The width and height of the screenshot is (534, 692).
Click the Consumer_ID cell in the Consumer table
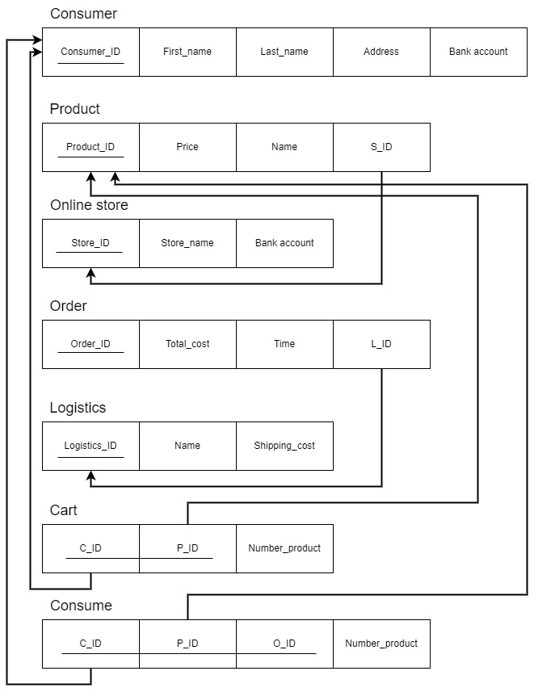(x=90, y=52)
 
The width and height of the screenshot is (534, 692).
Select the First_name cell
(x=187, y=52)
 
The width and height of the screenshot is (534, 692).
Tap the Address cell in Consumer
(x=381, y=52)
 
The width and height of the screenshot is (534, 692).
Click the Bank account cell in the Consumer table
(x=478, y=52)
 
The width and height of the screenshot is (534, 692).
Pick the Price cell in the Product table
(x=187, y=147)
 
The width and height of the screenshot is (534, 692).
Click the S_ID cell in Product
(x=381, y=147)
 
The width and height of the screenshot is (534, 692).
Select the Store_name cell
(x=187, y=243)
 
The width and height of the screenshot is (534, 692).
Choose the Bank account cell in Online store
(x=284, y=243)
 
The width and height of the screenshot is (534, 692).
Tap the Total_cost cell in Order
(x=187, y=344)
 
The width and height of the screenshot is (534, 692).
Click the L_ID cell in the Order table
(x=381, y=344)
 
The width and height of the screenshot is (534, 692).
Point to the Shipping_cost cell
(x=284, y=446)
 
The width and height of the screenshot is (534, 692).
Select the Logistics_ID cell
(x=90, y=446)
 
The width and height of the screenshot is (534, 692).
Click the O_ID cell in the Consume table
(x=284, y=644)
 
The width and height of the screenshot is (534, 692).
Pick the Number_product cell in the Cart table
(x=284, y=548)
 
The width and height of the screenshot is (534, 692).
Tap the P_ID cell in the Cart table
(x=187, y=548)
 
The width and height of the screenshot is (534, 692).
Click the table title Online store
(x=89, y=205)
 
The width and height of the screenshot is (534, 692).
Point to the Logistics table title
(x=78, y=408)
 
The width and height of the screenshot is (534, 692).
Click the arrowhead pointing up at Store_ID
(x=90, y=274)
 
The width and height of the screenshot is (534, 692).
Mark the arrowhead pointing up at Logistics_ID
(x=90, y=476)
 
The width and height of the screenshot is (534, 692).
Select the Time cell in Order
(x=284, y=344)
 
